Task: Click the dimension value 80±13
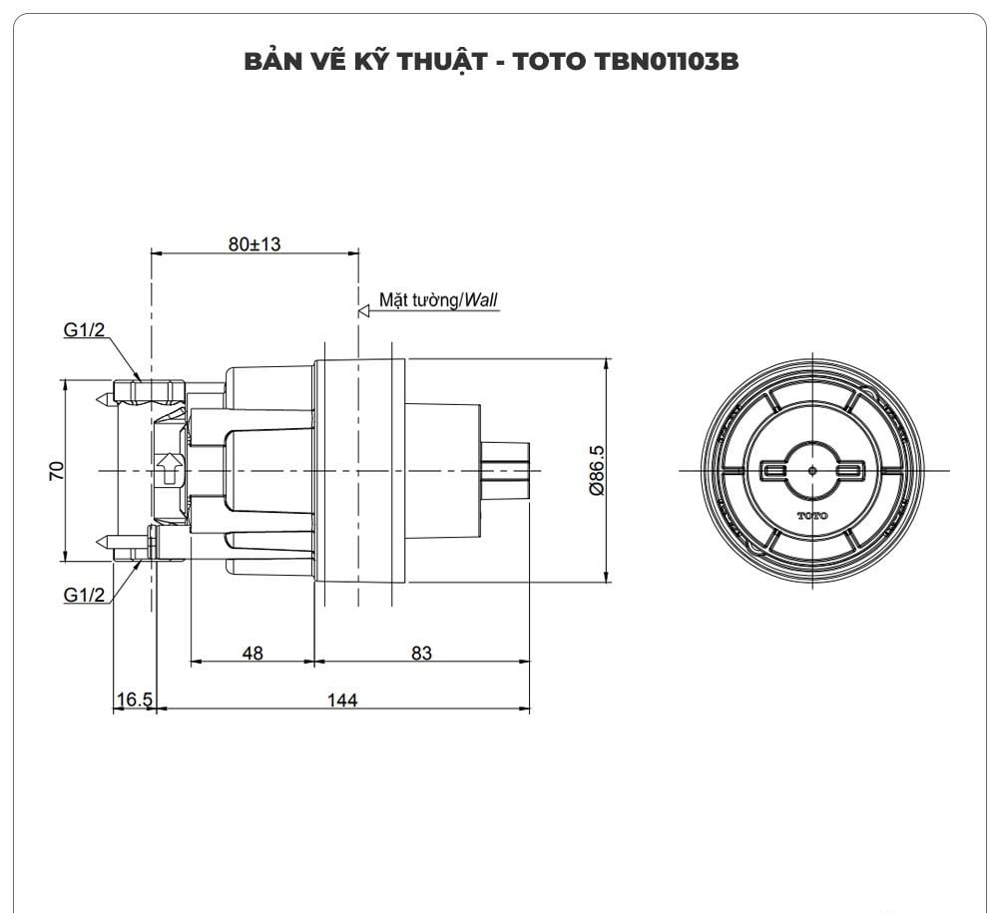click(253, 244)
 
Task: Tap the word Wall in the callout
click(480, 299)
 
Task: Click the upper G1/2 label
click(85, 331)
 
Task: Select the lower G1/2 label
click(85, 595)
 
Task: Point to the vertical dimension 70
click(57, 470)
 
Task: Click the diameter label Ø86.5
click(597, 470)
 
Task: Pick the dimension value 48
click(252, 653)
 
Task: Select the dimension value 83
click(421, 653)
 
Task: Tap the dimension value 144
click(342, 700)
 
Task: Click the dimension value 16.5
click(133, 700)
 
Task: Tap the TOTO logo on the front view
click(812, 515)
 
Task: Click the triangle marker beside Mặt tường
click(363, 311)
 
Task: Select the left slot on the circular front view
click(774, 469)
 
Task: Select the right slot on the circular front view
click(850, 469)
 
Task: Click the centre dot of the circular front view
click(812, 469)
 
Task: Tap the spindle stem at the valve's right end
click(505, 469)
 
